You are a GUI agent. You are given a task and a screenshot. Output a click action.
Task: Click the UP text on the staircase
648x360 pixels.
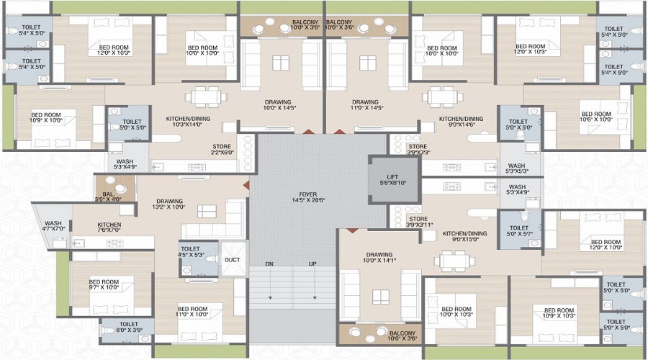[x=313, y=264]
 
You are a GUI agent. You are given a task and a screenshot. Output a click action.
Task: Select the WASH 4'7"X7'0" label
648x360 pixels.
[x=53, y=225]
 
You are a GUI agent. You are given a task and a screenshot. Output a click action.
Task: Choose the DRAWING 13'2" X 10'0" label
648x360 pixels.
[x=169, y=204]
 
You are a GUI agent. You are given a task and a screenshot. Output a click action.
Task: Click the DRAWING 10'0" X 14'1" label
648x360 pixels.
[x=379, y=258]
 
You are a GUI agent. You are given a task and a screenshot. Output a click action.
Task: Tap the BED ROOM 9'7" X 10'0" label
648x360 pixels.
[x=104, y=285]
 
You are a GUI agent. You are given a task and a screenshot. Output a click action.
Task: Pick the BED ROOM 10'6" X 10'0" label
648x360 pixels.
[x=596, y=117]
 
